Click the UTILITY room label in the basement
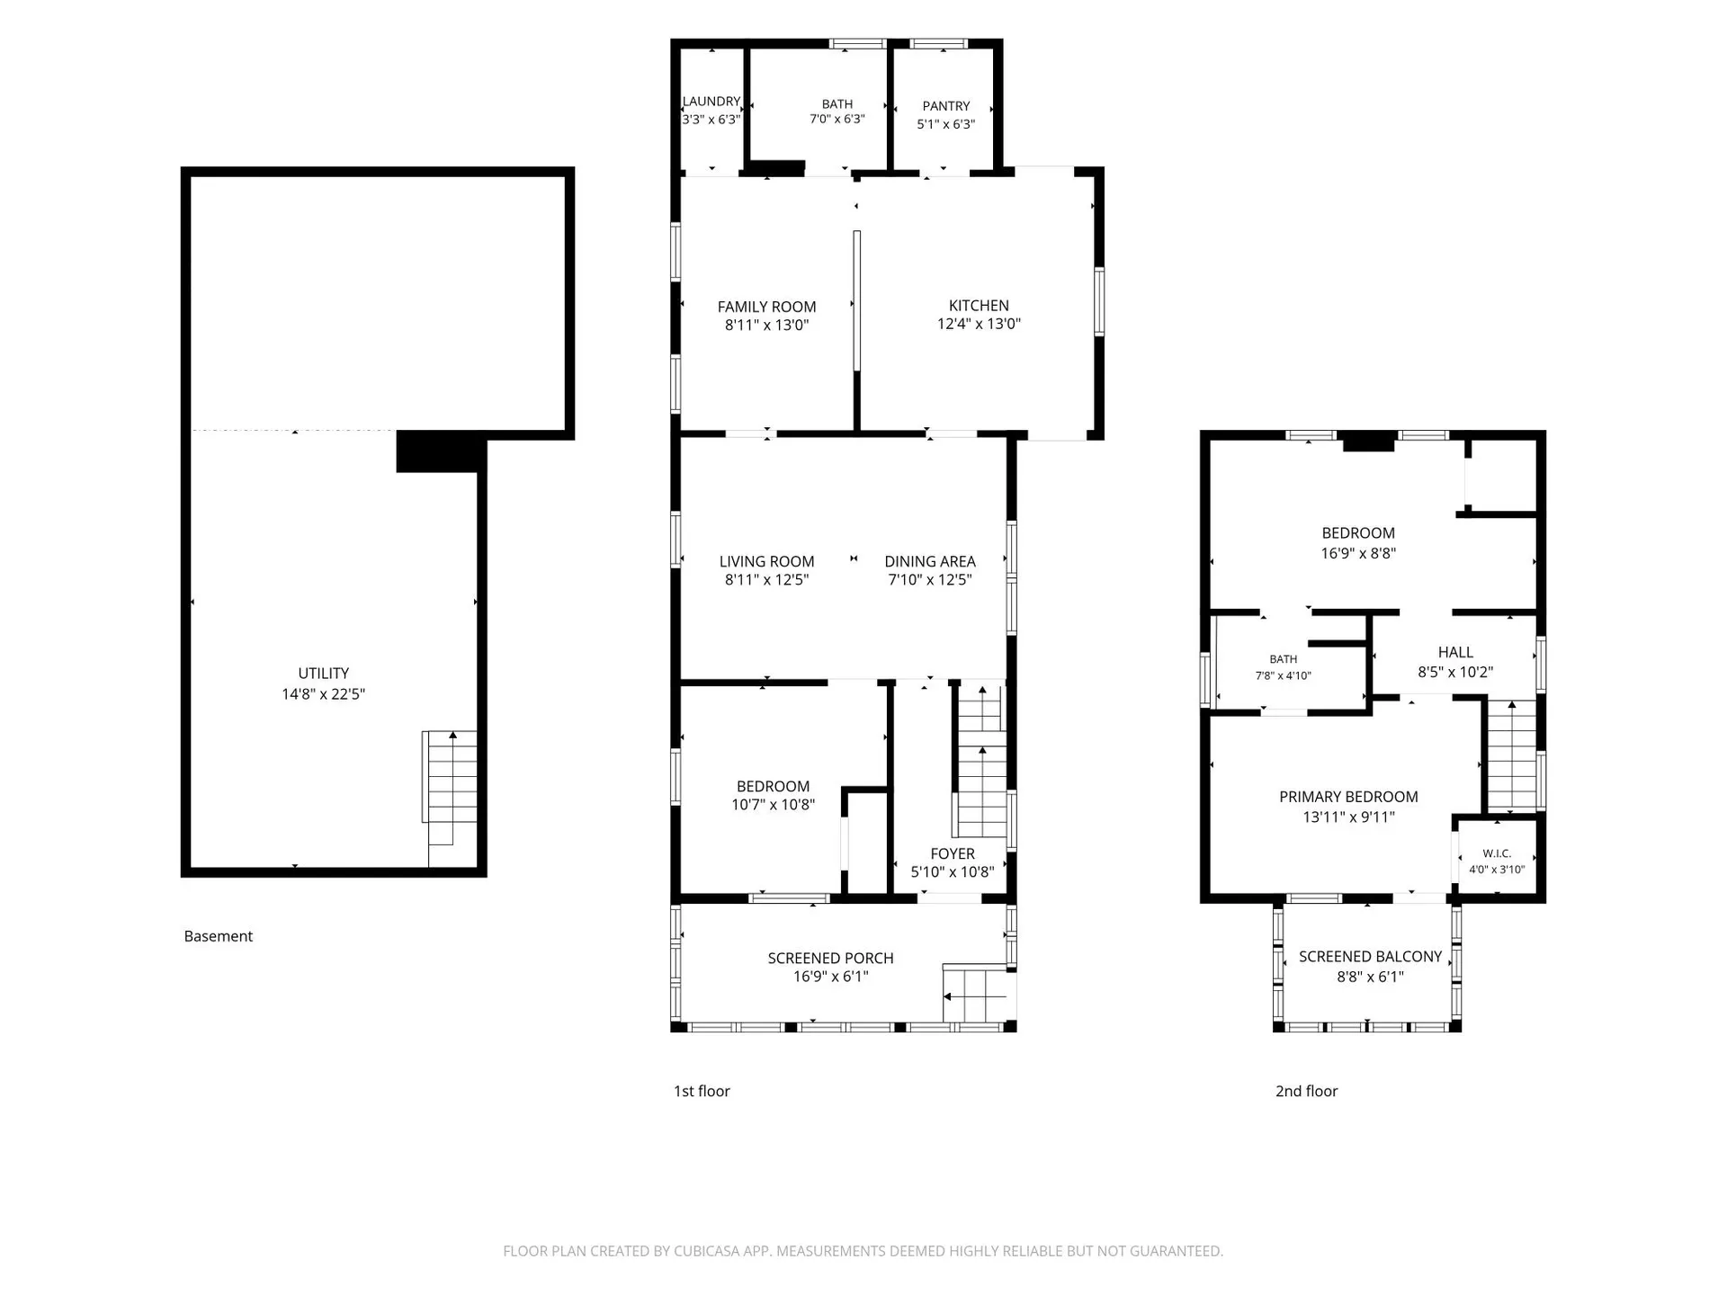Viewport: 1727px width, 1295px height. [324, 674]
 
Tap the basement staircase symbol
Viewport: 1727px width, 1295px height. [450, 799]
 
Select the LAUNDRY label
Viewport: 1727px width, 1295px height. [711, 102]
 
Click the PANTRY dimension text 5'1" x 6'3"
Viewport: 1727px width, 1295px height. [946, 124]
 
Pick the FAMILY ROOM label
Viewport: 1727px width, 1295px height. [767, 307]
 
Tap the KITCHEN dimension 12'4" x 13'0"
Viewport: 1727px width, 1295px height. [980, 324]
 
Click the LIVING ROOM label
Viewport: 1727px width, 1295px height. [767, 561]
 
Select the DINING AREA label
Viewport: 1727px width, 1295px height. [930, 561]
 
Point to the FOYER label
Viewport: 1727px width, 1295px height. [953, 853]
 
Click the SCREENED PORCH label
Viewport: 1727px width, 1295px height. [831, 958]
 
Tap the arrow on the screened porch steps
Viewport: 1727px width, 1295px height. [974, 996]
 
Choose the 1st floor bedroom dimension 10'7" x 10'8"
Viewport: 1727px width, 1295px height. [774, 805]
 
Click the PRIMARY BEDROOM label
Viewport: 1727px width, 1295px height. [1349, 797]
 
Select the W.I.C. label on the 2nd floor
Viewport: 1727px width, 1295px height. [1497, 853]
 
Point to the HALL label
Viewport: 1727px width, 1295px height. [1455, 653]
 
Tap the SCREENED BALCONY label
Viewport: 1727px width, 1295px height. [1371, 957]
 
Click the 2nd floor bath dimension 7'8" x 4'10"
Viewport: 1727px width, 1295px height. [1284, 675]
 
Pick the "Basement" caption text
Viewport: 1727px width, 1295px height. [219, 936]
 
